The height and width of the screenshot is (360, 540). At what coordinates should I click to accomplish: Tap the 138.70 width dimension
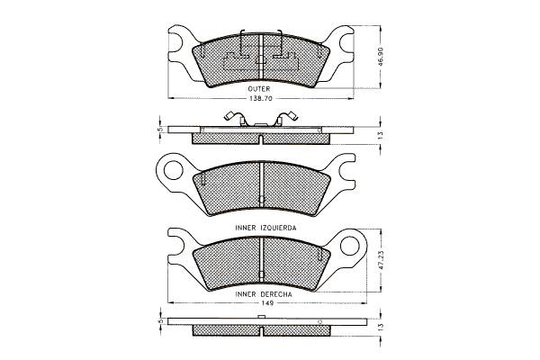[x=261, y=98]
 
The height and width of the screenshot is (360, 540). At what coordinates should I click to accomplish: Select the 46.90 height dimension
[x=380, y=57]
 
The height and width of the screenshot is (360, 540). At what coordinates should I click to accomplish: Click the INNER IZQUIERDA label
[x=265, y=228]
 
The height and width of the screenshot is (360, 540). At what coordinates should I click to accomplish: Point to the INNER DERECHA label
[x=264, y=294]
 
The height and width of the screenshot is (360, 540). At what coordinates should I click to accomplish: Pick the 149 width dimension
[x=267, y=303]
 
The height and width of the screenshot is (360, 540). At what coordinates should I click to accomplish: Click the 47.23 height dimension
[x=380, y=260]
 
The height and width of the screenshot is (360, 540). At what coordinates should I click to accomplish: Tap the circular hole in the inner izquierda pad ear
[x=172, y=170]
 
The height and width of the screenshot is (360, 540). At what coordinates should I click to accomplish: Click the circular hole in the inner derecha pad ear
[x=349, y=246]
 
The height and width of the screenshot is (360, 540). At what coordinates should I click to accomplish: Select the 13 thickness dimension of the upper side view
[x=380, y=135]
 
